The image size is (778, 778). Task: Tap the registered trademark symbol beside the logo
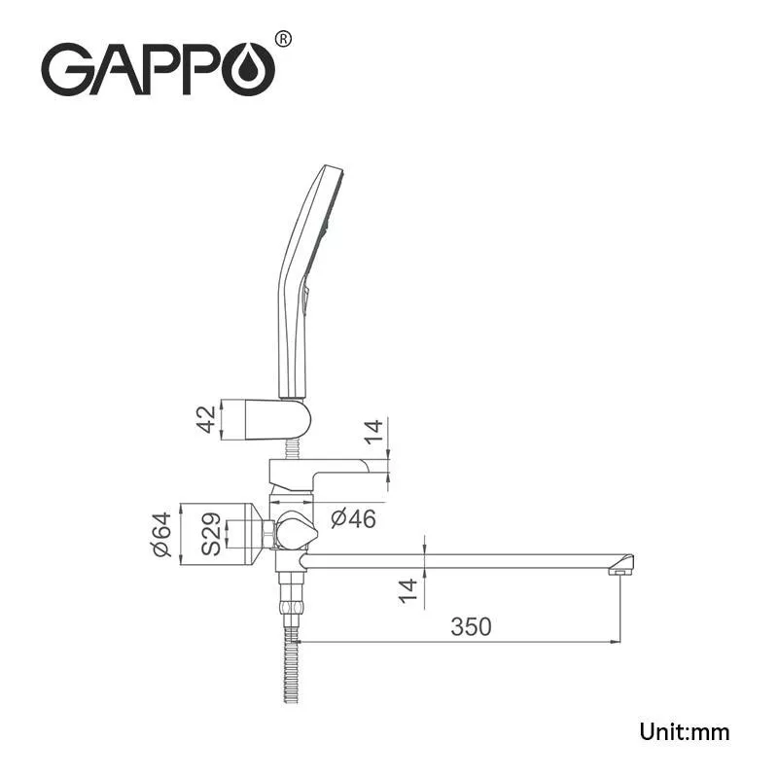coord(283,39)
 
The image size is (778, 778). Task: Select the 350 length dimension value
coord(471,626)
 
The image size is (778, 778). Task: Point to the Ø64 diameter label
coord(161,534)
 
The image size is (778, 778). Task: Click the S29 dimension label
coord(211,534)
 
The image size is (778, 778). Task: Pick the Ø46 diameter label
coord(352,518)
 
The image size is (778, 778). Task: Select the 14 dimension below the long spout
coord(408,589)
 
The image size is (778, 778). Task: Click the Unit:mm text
coord(684,731)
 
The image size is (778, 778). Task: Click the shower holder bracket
coord(277,418)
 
